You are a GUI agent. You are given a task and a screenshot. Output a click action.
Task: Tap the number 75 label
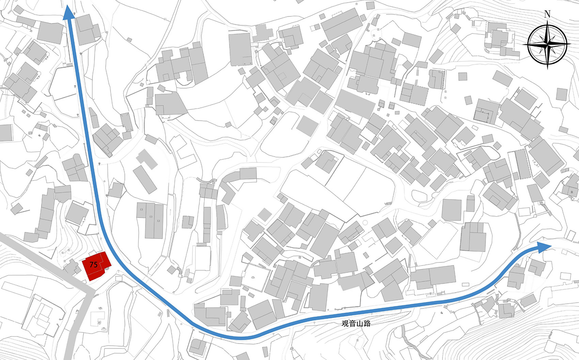coord(93,264)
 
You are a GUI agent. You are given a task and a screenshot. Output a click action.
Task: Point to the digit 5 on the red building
coord(95,264)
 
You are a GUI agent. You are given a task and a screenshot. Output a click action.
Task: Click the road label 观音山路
coord(356,323)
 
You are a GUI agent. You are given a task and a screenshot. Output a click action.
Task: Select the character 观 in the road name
coord(345,323)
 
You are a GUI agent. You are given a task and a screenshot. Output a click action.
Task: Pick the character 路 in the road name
coord(367,323)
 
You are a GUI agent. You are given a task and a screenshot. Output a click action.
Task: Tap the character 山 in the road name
coord(360,323)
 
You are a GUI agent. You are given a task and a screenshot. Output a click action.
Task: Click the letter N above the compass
coord(547,14)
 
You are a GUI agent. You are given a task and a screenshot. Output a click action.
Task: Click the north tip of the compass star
coord(548,21)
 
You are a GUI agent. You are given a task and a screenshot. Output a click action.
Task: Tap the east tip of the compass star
coord(571,44)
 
